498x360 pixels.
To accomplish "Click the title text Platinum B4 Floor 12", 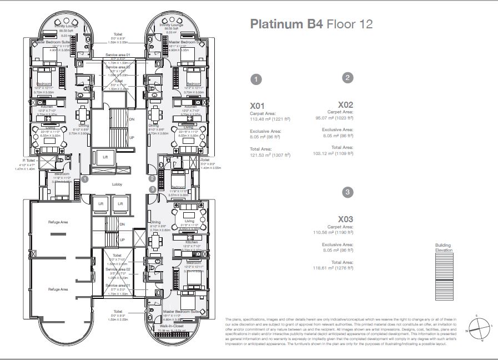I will point(311,24).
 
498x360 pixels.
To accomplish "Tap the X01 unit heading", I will point(258,105).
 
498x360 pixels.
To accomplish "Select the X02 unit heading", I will point(345,104).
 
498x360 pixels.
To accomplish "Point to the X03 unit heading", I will point(345,219).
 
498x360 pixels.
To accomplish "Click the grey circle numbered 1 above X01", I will point(255,79).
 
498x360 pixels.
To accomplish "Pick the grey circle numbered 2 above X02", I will point(348,78).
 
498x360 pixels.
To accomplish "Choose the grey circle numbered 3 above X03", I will point(348,193).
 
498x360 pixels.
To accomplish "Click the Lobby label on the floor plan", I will point(117,184).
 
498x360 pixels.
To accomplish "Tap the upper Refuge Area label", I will point(58,222).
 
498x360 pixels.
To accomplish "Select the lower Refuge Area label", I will point(58,289).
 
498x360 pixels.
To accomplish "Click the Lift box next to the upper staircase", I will point(105,157).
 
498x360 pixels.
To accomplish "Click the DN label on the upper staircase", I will point(131,119).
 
